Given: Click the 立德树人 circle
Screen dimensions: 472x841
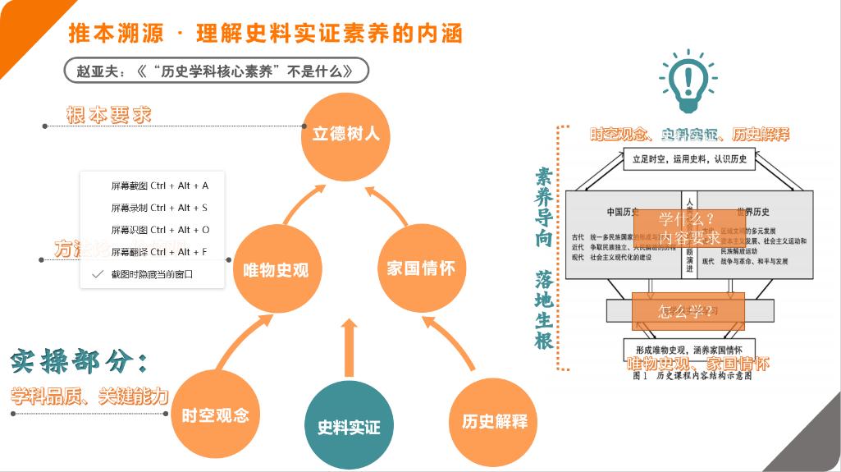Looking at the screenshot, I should (x=345, y=134).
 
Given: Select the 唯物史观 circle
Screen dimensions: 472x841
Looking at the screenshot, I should (x=276, y=269).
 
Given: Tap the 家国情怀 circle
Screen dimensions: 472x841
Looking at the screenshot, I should (x=420, y=268).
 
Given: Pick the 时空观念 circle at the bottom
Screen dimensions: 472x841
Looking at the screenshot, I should (x=215, y=415).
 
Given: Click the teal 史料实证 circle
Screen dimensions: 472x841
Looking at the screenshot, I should (x=349, y=426).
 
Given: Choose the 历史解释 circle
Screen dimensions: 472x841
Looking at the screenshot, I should (x=494, y=421).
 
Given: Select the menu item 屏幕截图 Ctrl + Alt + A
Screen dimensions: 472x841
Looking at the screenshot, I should (x=159, y=186).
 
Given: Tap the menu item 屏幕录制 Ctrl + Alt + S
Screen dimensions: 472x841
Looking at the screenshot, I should (x=159, y=208).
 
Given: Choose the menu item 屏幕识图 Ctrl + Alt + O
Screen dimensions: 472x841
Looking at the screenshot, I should (x=159, y=230).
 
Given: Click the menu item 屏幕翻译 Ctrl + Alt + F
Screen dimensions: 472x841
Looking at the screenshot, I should (x=159, y=252).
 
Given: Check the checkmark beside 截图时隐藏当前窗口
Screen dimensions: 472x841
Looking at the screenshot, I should (x=98, y=274).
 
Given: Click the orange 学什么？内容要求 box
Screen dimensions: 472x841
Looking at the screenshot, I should (x=689, y=227).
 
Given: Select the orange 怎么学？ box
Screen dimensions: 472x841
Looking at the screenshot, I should (x=688, y=311).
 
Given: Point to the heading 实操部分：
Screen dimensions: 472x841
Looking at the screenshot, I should (x=80, y=361).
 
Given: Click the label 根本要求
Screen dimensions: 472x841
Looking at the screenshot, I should (x=108, y=115).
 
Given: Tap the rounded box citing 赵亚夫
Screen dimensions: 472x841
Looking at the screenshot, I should (x=217, y=71).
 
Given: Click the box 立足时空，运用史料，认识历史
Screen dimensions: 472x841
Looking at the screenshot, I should (x=688, y=159).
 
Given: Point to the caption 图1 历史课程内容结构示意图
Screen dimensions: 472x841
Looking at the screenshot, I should (x=692, y=377).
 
